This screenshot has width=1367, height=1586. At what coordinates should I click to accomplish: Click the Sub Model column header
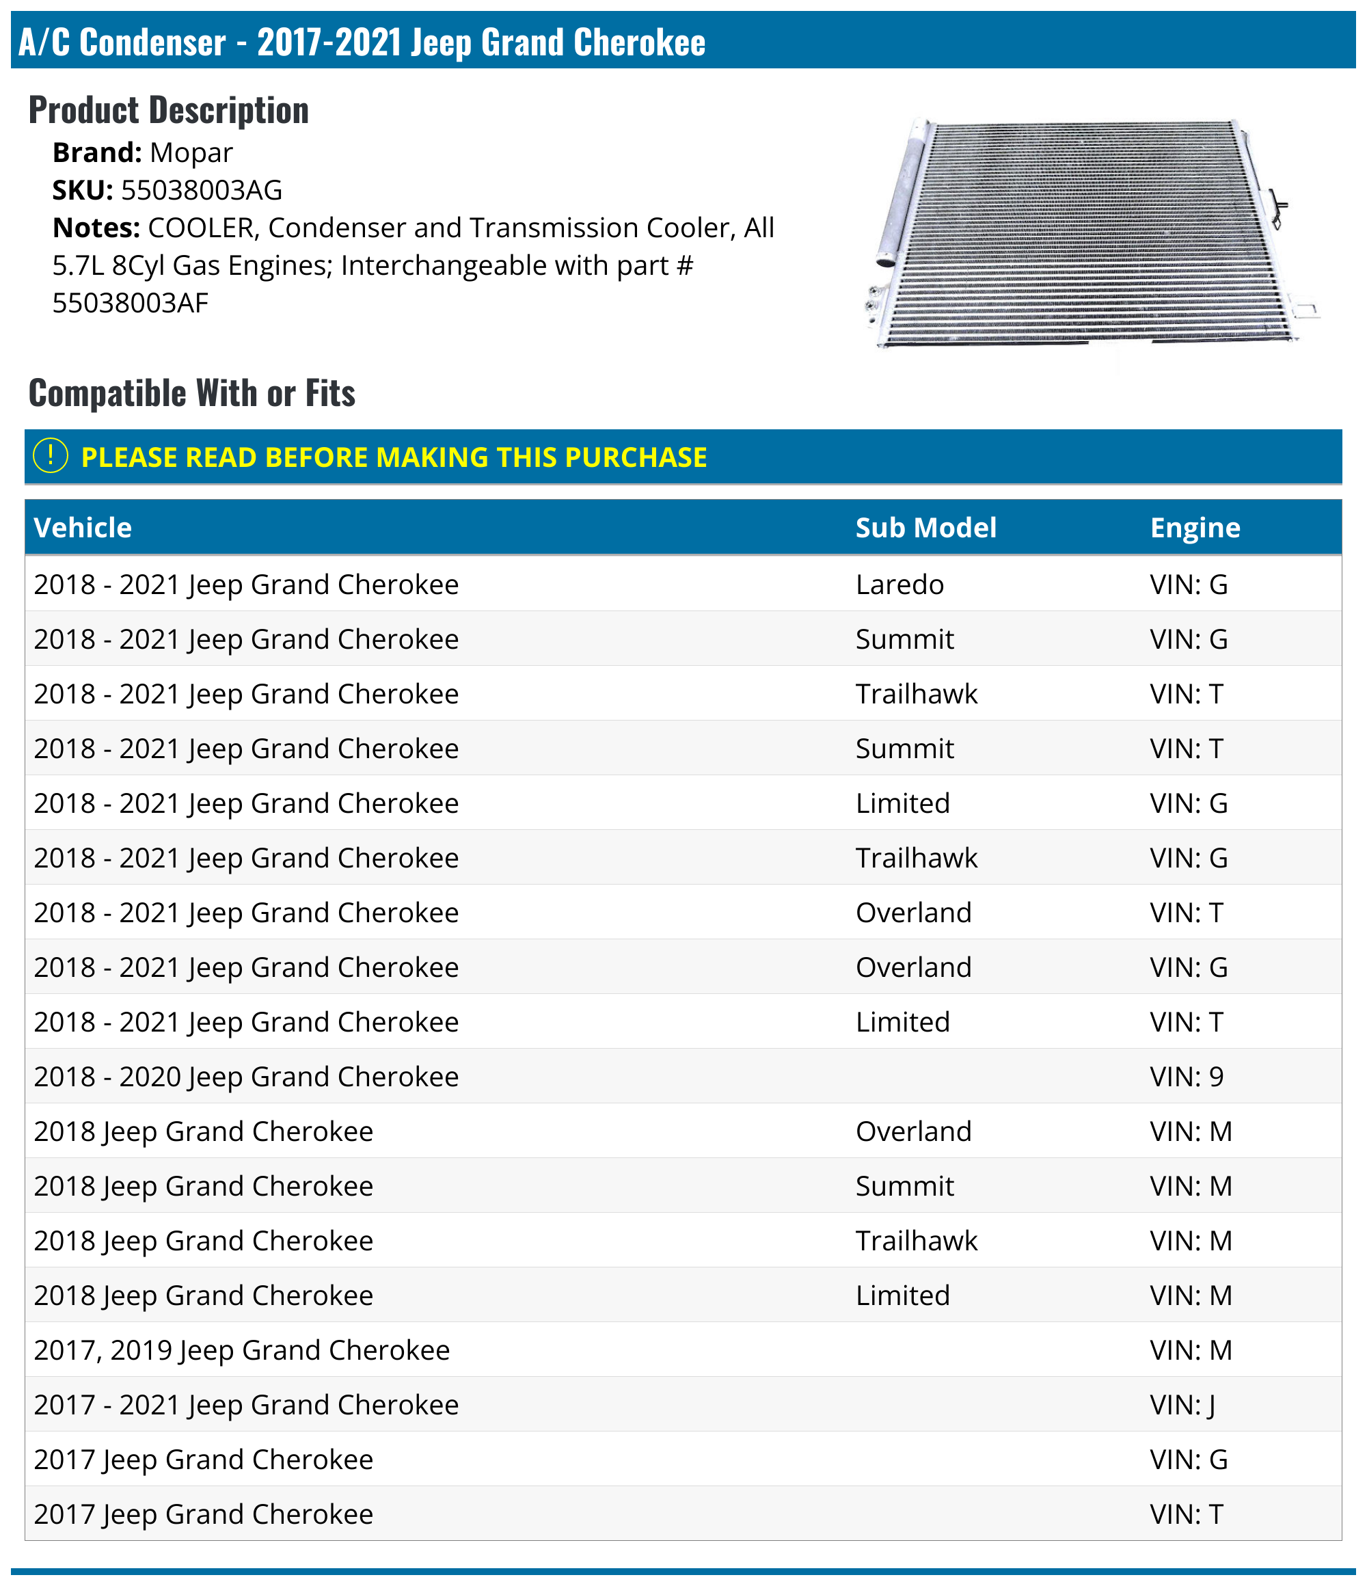point(925,527)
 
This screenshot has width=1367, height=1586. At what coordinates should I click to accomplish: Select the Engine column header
point(1194,527)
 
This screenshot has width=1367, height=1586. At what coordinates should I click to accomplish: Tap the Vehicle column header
point(83,527)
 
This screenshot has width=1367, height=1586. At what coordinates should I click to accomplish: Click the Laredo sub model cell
point(899,584)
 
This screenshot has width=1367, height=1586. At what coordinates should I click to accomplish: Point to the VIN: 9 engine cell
point(1187,1076)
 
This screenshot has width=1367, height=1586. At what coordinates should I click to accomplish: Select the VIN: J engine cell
point(1182,1405)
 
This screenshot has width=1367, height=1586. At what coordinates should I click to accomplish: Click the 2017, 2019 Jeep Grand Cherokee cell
point(242,1350)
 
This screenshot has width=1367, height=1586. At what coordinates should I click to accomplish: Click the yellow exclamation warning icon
point(51,456)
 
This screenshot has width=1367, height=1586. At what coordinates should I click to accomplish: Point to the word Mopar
point(191,152)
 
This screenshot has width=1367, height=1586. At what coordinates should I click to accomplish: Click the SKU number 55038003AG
point(202,190)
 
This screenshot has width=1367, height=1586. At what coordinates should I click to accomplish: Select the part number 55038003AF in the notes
point(130,303)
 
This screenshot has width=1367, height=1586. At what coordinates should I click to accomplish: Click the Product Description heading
point(168,110)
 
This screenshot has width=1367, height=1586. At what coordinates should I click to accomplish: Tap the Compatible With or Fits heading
point(191,392)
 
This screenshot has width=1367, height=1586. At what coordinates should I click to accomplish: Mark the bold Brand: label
point(96,152)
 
